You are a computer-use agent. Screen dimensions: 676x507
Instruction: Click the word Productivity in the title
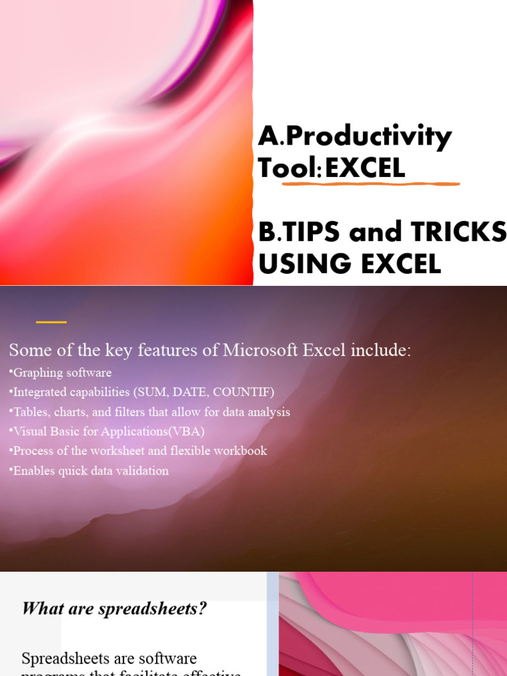[x=368, y=137]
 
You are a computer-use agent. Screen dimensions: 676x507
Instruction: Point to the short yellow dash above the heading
[x=51, y=322]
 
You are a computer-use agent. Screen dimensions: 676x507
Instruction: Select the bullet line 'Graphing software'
[x=61, y=373]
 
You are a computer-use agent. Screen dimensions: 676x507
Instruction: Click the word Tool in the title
[x=287, y=169]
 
